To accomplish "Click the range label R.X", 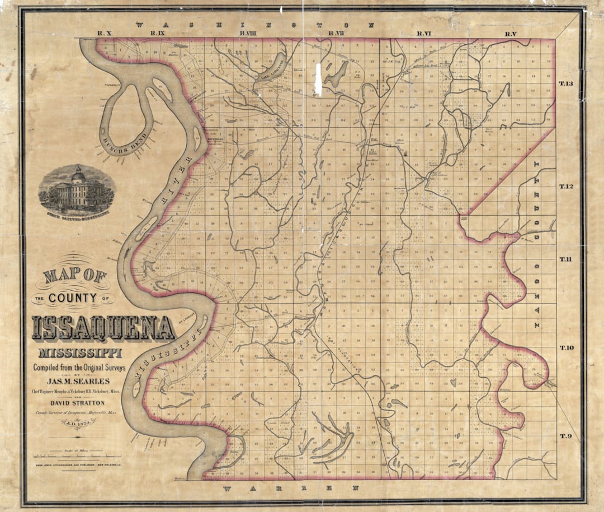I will (x=105, y=34).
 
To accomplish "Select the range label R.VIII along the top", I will (x=247, y=34).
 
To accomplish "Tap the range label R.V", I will (x=510, y=34).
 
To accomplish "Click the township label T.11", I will (x=566, y=259).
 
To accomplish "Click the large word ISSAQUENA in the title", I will (x=103, y=328).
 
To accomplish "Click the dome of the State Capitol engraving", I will (x=78, y=176).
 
